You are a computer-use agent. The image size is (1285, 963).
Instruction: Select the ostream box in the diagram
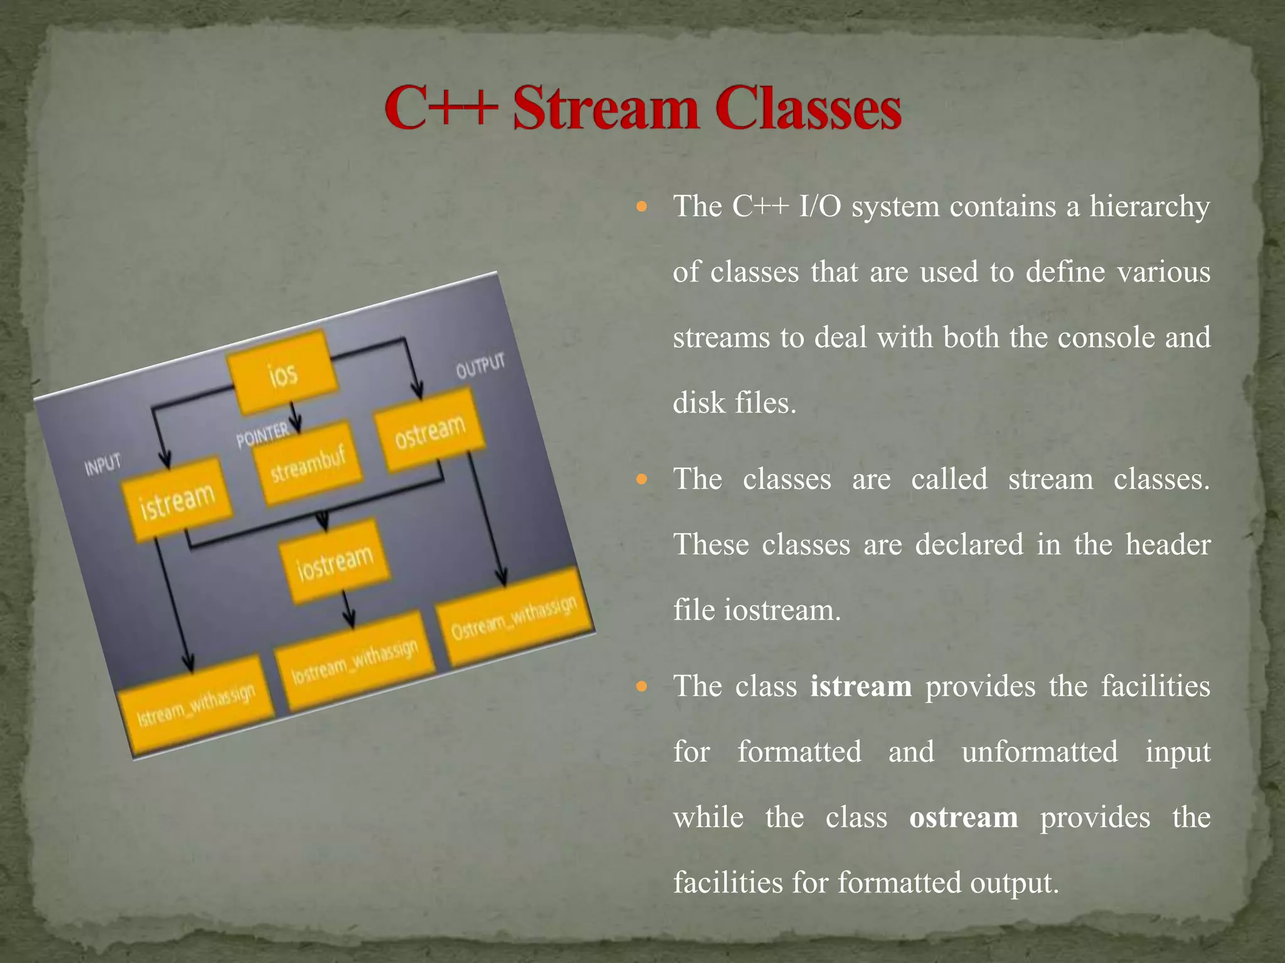(430, 431)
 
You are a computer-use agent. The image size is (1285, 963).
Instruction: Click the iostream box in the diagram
(335, 561)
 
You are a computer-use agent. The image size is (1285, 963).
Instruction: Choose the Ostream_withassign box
(514, 618)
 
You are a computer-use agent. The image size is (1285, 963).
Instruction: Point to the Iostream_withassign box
(355, 661)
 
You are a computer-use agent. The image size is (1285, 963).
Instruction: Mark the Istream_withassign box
(196, 706)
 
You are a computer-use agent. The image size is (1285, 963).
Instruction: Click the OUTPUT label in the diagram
(480, 366)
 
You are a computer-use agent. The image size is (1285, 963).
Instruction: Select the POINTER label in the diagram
(262, 435)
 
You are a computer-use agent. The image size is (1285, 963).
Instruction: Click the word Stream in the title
(605, 109)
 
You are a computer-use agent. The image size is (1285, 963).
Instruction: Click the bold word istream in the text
(860, 686)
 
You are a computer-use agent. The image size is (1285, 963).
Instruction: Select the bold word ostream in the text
(963, 818)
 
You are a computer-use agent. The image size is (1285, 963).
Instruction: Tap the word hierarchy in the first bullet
(1149, 207)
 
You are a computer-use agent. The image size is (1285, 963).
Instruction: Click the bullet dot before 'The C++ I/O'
(641, 206)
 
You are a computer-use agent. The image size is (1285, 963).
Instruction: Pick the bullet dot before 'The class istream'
(641, 687)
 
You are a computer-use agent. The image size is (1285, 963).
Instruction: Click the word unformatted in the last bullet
(1039, 752)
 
